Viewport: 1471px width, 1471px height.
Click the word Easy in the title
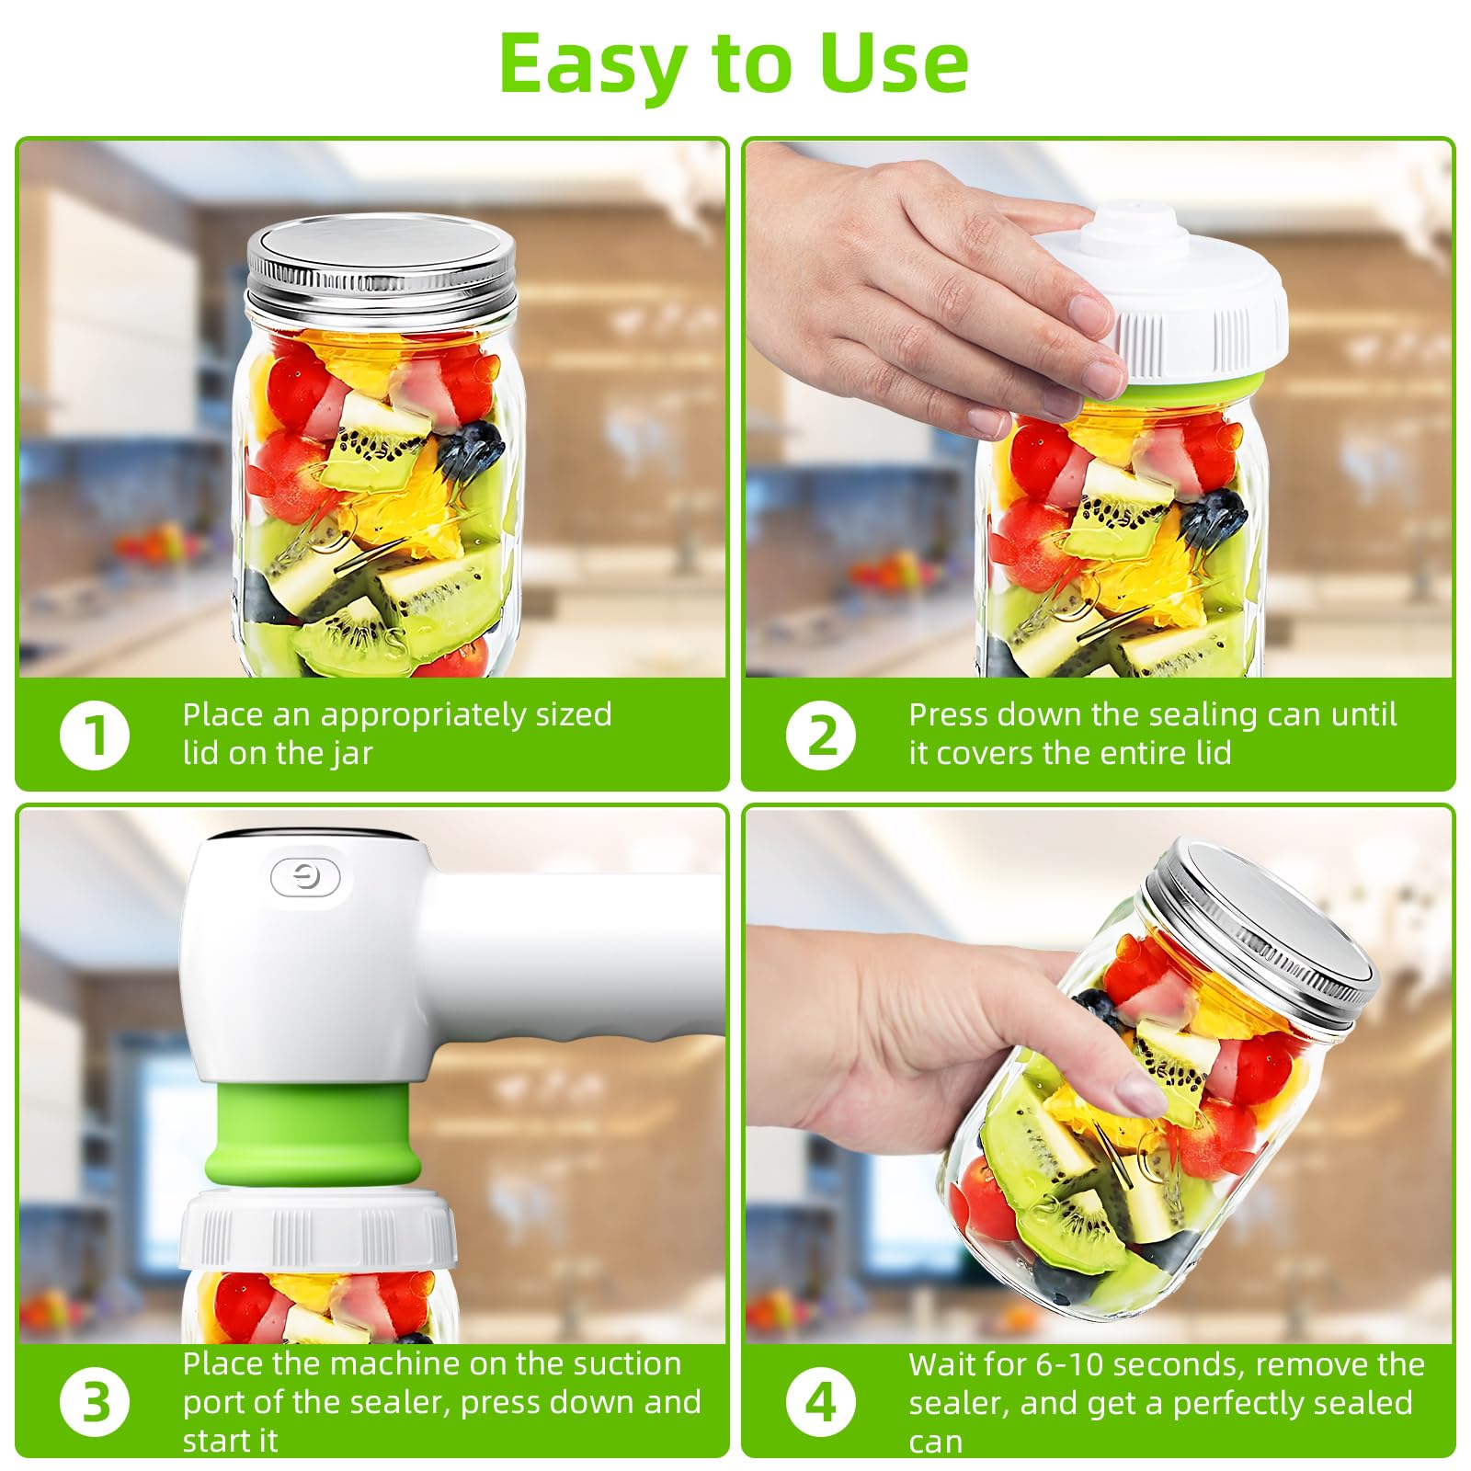592,64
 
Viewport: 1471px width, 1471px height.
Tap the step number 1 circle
95,735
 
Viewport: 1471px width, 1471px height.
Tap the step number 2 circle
821,735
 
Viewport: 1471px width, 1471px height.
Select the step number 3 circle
95,1403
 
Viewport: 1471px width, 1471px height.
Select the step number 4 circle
821,1403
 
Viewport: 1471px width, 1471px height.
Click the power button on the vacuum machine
306,878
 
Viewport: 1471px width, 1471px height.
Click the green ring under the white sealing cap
1195,391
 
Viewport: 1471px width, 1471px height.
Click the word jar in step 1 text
353,754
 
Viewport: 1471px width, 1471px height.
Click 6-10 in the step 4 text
1069,1364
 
